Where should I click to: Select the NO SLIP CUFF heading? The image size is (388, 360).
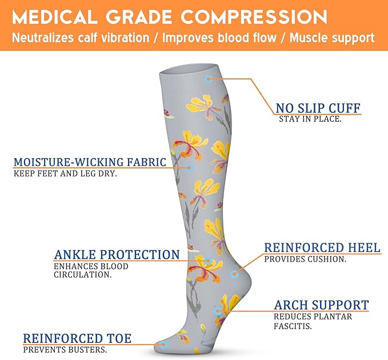(318, 107)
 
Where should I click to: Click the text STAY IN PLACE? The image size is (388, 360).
(310, 119)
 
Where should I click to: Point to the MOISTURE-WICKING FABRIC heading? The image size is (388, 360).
(90, 162)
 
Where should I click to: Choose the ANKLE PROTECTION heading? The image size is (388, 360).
(117, 255)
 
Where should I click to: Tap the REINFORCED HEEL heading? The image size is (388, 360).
(322, 248)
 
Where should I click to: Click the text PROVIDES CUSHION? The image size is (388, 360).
(305, 259)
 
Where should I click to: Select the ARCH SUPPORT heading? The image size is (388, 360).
(321, 305)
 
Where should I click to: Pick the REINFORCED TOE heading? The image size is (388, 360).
(77, 339)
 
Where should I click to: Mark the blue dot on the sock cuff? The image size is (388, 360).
(209, 78)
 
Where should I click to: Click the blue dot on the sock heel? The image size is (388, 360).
(234, 274)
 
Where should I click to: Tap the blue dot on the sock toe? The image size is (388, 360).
(162, 344)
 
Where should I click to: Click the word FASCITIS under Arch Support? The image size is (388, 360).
(293, 327)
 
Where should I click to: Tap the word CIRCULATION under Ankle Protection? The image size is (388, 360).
(83, 275)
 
